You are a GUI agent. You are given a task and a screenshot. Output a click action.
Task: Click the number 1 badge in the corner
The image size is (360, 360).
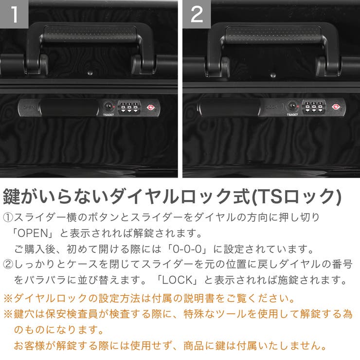[14, 15]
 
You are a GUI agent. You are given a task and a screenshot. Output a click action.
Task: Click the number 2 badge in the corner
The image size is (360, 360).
[197, 15]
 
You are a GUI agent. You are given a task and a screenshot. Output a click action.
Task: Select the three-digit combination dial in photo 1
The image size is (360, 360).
[129, 107]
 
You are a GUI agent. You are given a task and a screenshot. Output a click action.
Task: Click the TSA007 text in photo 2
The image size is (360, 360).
[292, 115]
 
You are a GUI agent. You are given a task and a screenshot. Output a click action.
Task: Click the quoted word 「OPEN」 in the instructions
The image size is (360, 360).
[34, 234]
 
